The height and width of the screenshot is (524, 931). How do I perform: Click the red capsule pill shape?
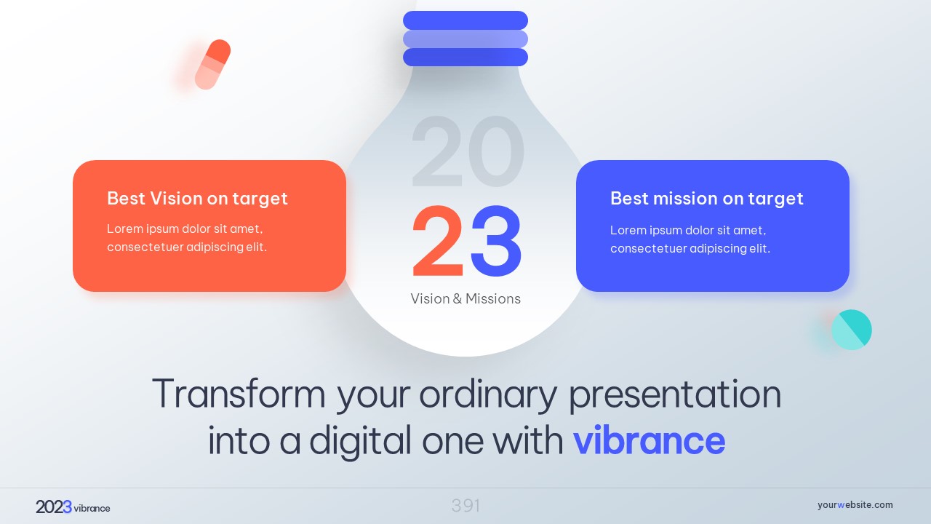pos(213,65)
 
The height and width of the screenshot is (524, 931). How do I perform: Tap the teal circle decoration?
pos(852,330)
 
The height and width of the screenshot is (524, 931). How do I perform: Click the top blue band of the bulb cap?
pos(465,20)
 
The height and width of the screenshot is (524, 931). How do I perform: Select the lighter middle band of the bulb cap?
pos(465,39)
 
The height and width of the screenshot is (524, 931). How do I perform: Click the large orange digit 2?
pos(438,241)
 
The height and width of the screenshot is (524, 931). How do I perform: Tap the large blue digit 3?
pos(496,241)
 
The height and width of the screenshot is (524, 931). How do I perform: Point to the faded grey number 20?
pos(468,151)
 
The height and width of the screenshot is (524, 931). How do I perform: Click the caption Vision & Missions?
pos(465,298)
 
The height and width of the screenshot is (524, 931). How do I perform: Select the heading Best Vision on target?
pos(197,199)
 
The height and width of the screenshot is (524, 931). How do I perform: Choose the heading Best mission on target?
pos(706,199)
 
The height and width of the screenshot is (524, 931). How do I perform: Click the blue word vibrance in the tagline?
pos(650,440)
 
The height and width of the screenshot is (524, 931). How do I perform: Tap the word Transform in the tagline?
pos(239,394)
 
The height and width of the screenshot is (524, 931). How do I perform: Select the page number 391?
pos(465,506)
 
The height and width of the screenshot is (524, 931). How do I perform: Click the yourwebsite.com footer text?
pos(855,505)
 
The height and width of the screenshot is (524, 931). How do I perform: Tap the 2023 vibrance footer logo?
pos(73,507)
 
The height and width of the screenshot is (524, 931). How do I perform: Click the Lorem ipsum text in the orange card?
pos(187,238)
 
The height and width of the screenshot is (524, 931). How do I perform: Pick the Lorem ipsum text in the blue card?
pos(690,239)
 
